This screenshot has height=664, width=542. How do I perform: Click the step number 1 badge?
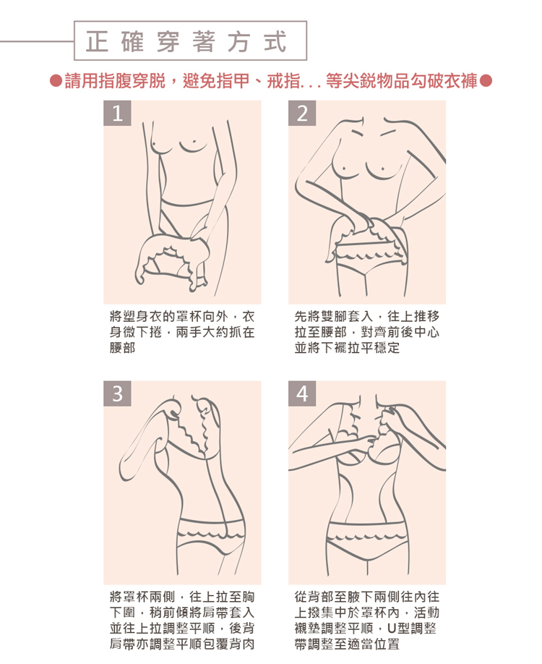pyautogui.click(x=117, y=113)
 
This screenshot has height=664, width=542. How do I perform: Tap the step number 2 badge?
pyautogui.click(x=302, y=113)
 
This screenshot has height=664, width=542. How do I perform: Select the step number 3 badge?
pyautogui.click(x=117, y=393)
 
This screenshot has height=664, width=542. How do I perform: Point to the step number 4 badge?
pyautogui.click(x=302, y=393)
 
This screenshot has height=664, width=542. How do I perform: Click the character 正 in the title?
pyautogui.click(x=97, y=41)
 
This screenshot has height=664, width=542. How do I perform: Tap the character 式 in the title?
pyautogui.click(x=275, y=41)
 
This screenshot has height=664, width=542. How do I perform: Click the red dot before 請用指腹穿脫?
pyautogui.click(x=56, y=80)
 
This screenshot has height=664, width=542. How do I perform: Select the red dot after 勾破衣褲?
pyautogui.click(x=486, y=80)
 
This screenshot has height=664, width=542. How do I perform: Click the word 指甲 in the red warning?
pyautogui.click(x=233, y=80)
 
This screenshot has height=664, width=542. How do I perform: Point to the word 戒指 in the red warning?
pyautogui.click(x=283, y=80)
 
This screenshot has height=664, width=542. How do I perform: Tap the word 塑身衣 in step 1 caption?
pyautogui.click(x=142, y=316)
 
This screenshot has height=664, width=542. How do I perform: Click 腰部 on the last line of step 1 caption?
pyautogui.click(x=123, y=348)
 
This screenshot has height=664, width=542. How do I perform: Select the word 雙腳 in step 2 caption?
pyautogui.click(x=335, y=316)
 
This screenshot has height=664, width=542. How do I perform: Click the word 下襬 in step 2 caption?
pyautogui.click(x=335, y=348)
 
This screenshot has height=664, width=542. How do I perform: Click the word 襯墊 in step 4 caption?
pyautogui.click(x=308, y=629)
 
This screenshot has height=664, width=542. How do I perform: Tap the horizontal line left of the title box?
pyautogui.click(x=37, y=41)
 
